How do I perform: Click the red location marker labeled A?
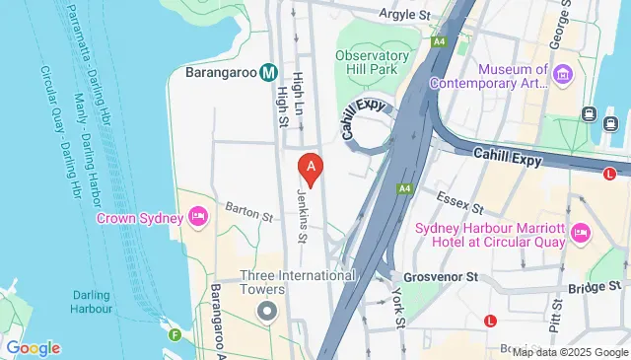(312, 170)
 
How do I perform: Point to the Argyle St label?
(407, 15)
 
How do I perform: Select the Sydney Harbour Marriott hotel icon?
(580, 233)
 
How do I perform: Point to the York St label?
(399, 308)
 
